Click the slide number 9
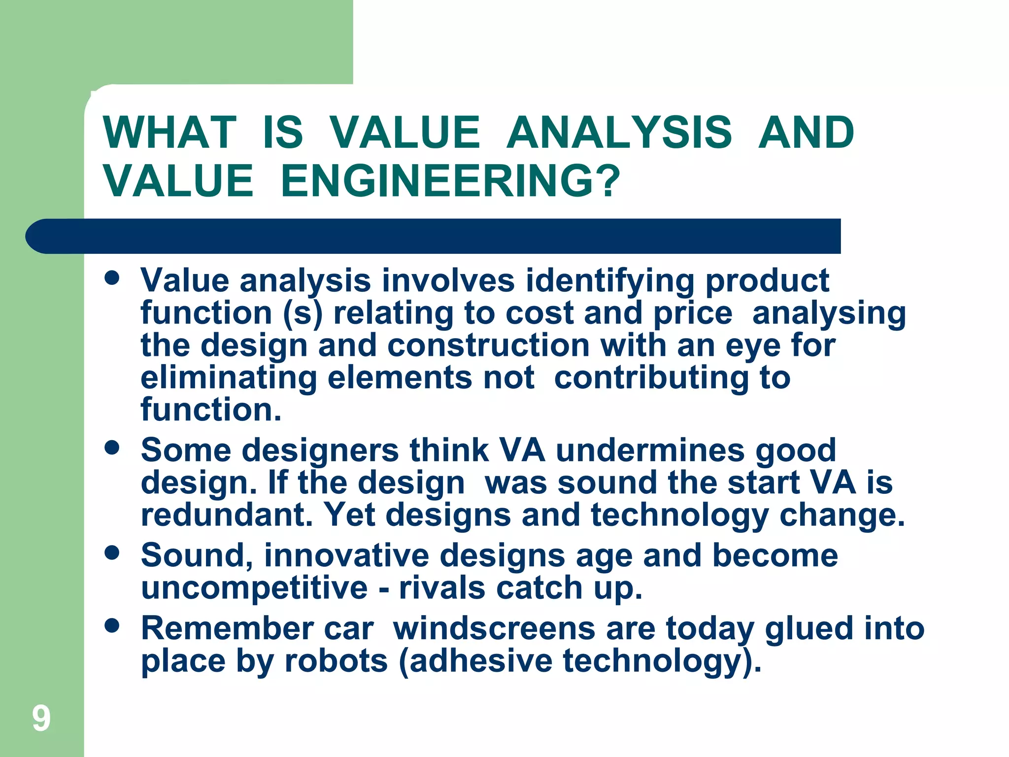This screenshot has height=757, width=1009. (x=41, y=718)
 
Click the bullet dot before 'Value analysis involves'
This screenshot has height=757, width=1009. (x=112, y=277)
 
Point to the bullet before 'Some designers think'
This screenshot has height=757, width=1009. (x=112, y=447)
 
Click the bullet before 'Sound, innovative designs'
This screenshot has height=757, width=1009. (x=112, y=552)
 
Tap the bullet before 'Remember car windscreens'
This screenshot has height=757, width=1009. (x=112, y=625)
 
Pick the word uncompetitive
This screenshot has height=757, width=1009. (x=254, y=587)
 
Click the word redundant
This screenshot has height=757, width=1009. (x=227, y=515)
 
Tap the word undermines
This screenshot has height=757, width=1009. (x=650, y=450)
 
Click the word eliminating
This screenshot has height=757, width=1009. (x=229, y=378)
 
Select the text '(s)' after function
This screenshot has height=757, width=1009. (x=303, y=313)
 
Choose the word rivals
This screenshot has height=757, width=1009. (x=442, y=587)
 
